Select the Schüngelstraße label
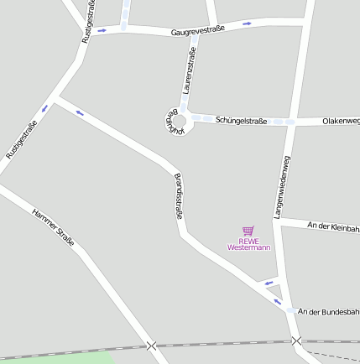tap(241, 121)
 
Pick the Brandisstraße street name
tap(178, 197)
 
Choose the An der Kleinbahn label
tap(333, 226)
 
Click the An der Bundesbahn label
tap(328, 311)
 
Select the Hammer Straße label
tap(53, 226)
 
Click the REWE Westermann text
tap(248, 244)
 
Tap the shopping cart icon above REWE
tap(248, 231)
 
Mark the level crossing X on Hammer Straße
tap(151, 346)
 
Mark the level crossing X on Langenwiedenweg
tap(296, 341)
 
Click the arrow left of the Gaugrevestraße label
tap(102, 30)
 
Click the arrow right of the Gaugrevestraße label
tap(247, 23)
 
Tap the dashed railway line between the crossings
tap(222, 344)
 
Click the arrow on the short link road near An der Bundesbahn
tap(269, 283)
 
